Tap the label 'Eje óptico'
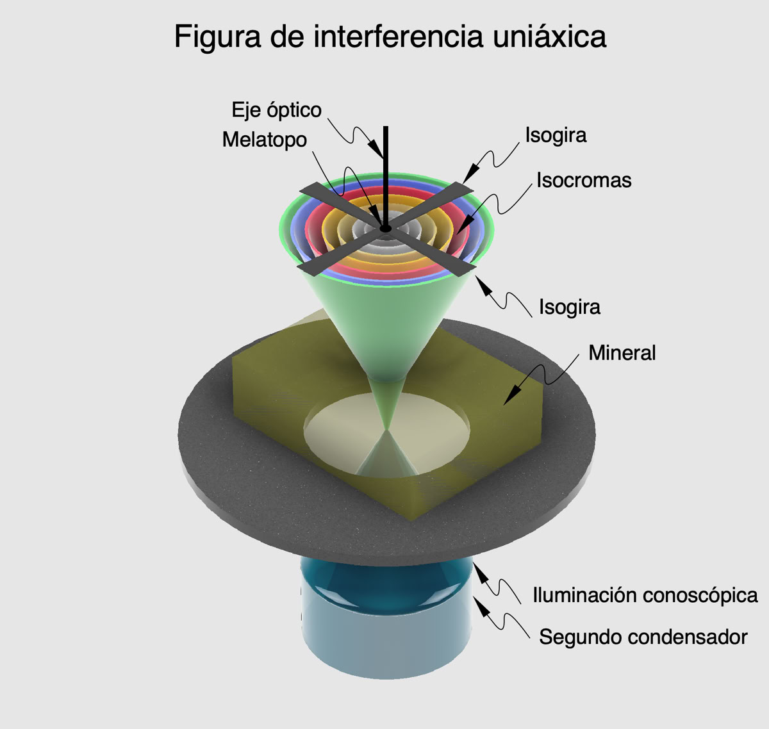click(276, 110)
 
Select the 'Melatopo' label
click(264, 140)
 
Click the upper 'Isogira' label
click(556, 135)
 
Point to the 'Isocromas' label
click(584, 180)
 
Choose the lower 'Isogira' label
click(569, 307)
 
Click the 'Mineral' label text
click(622, 352)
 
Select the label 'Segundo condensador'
click(643, 637)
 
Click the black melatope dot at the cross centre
click(385, 228)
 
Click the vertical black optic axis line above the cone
click(386, 160)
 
